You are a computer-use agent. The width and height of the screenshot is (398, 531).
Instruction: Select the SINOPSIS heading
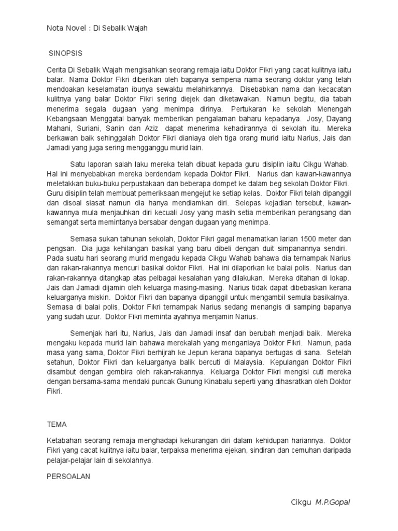pos(65,53)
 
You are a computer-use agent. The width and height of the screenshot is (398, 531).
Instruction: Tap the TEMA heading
pos(56,423)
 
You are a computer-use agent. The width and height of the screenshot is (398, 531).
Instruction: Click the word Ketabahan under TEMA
pos(66,440)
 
